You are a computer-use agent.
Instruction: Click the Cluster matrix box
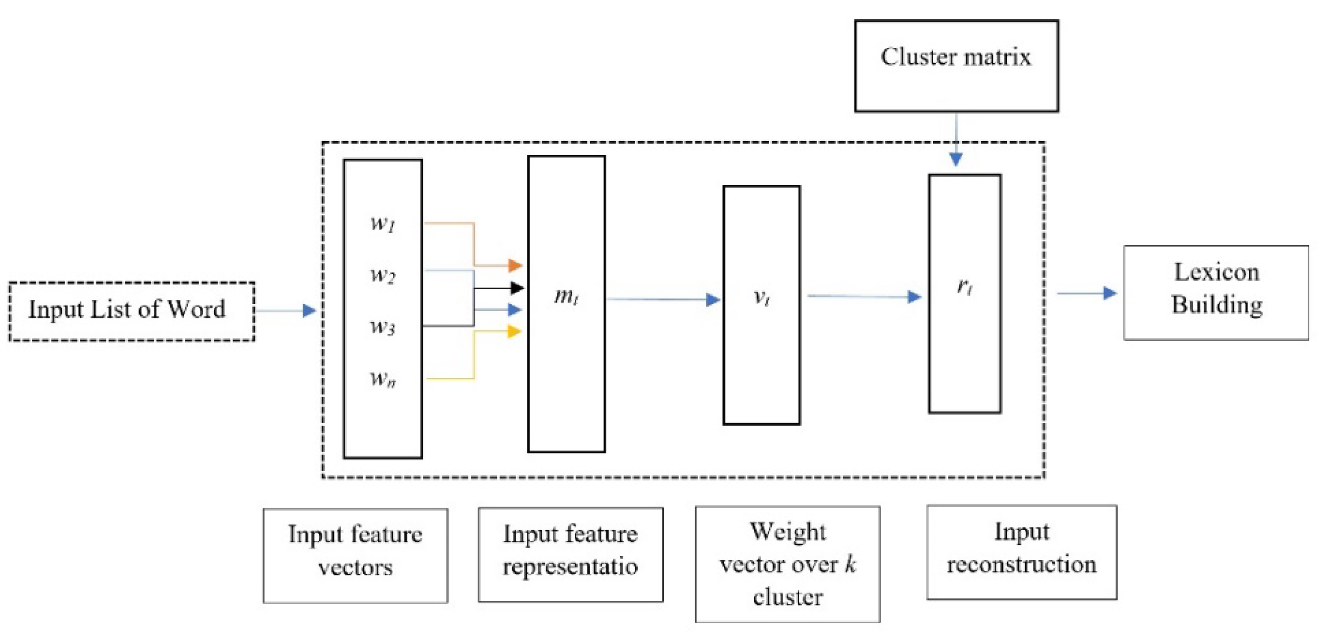[956, 66]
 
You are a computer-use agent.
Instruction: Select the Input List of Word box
[131, 311]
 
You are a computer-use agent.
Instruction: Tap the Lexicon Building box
[1216, 293]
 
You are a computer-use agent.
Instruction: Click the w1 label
[383, 224]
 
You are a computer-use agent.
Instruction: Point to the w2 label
[383, 275]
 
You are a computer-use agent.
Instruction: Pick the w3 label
[383, 326]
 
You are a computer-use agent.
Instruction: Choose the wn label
[383, 379]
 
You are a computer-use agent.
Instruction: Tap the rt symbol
[965, 287]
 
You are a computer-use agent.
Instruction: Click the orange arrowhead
[515, 265]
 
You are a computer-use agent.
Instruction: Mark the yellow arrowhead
[514, 331]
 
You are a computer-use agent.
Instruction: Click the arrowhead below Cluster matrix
[956, 159]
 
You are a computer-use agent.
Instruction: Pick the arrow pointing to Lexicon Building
[1087, 293]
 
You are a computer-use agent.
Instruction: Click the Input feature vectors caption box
[355, 555]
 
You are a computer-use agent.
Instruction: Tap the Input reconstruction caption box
[1021, 552]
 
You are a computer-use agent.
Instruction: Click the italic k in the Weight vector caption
[850, 564]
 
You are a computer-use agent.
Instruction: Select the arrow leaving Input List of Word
[286, 310]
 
